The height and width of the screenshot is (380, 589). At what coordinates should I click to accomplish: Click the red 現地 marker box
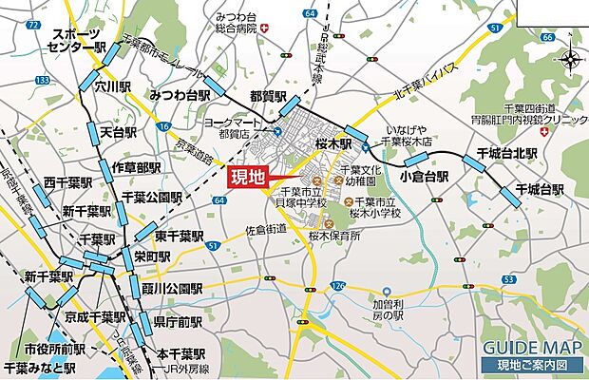click(x=248, y=177)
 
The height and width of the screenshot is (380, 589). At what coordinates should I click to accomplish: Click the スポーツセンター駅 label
click(x=80, y=38)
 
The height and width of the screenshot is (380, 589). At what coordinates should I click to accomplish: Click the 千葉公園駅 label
click(x=152, y=198)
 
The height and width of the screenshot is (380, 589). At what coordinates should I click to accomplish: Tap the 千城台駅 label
click(x=540, y=190)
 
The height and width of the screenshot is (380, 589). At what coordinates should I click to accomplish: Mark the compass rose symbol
click(x=570, y=62)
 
